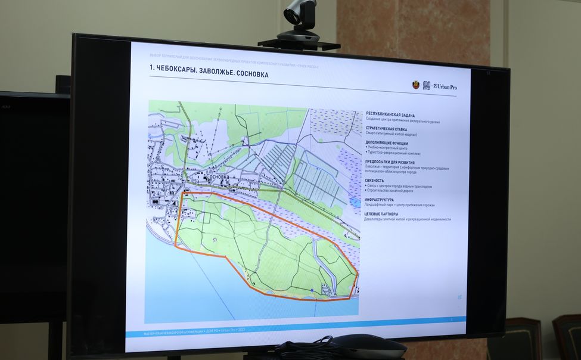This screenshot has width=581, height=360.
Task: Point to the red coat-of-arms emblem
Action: tap(415, 85)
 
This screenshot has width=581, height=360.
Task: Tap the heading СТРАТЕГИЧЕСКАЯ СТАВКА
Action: tap(387, 129)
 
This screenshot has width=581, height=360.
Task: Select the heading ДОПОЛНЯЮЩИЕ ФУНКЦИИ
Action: tap(387, 143)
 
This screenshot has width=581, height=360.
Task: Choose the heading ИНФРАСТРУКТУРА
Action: tap(380, 200)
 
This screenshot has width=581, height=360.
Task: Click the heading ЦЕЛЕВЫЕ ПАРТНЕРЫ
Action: tap(382, 214)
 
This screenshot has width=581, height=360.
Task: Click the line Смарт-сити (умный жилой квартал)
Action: tap(392, 134)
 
